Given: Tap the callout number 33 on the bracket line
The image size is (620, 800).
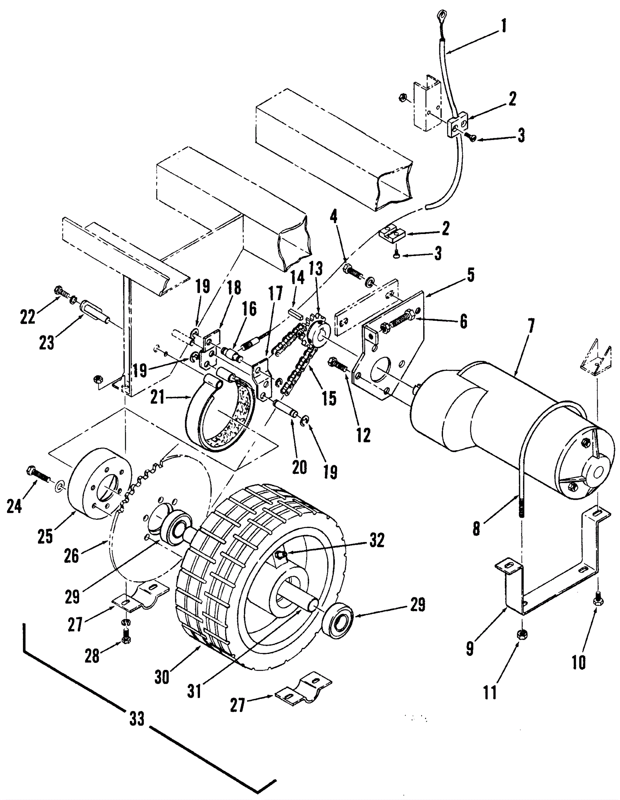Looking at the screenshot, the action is (x=137, y=719).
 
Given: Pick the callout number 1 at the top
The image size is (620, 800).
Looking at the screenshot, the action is (x=504, y=26).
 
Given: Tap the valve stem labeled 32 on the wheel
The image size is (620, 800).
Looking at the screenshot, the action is (x=281, y=555).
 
